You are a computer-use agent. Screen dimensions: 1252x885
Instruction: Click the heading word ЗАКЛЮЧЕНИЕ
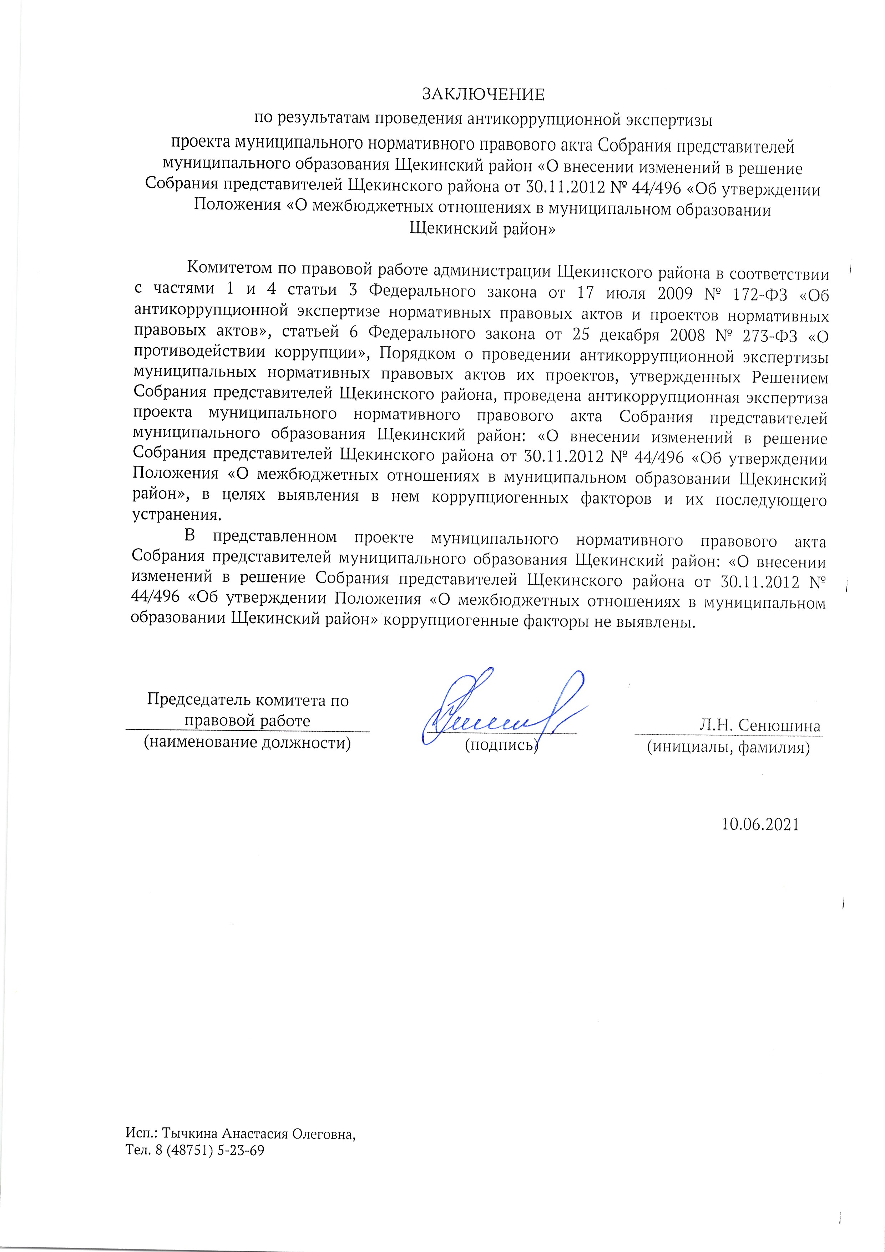coord(483,95)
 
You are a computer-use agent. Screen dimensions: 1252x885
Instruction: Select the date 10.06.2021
coord(760,824)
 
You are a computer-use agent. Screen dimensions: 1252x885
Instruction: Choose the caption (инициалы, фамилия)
coord(728,747)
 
